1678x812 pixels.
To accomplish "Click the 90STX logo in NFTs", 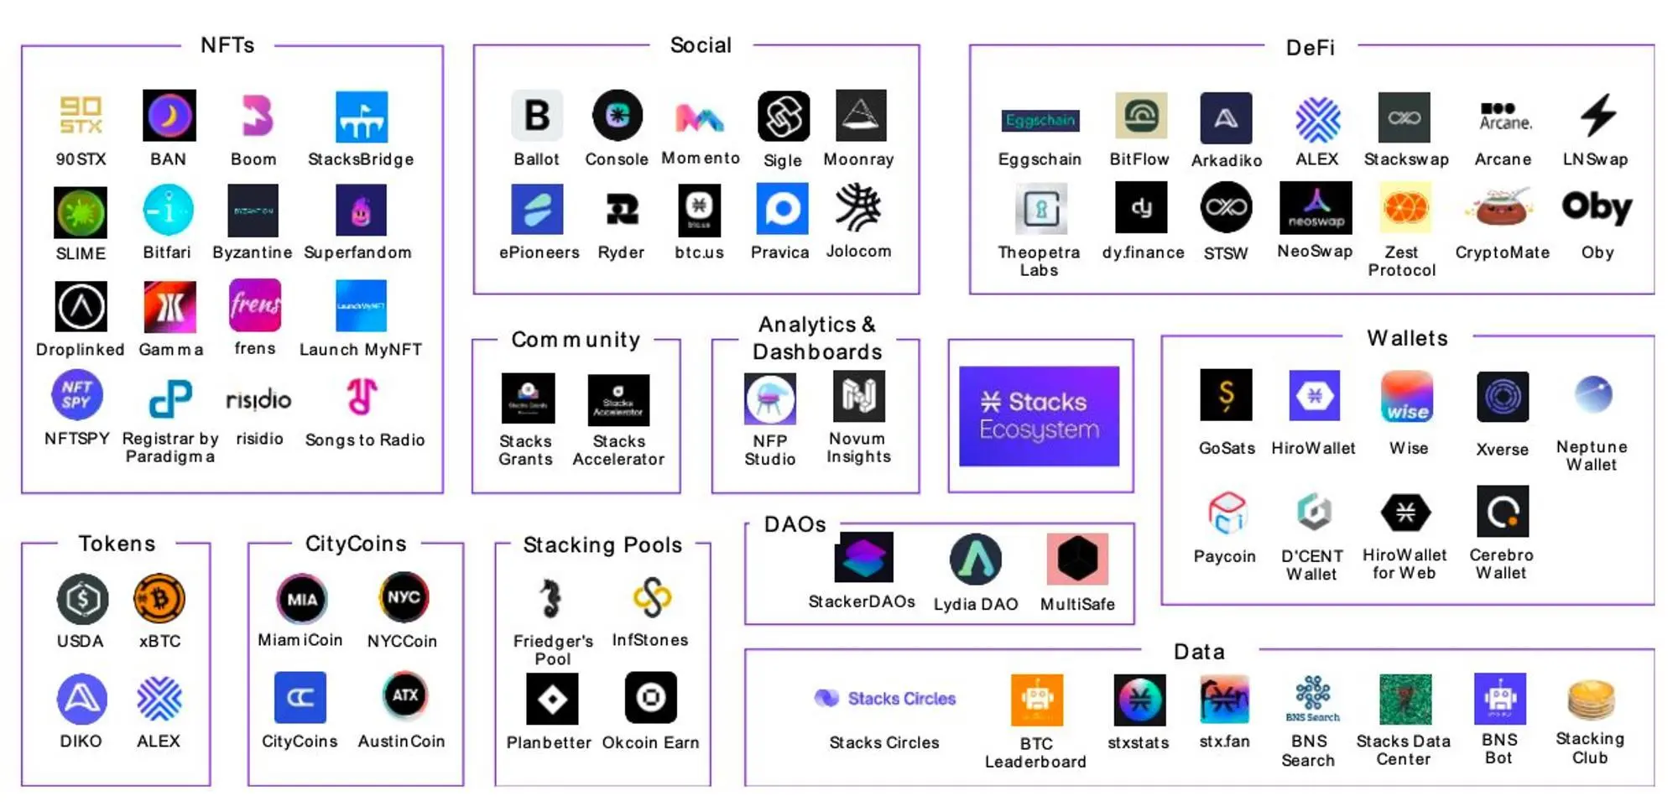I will point(81,115).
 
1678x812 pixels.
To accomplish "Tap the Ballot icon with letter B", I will point(537,116).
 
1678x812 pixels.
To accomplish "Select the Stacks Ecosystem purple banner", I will point(1039,416).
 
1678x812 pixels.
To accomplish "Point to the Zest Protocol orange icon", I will point(1405,208).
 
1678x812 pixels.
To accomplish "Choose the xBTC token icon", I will point(159,599).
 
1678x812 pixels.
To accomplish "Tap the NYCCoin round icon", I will point(404,597).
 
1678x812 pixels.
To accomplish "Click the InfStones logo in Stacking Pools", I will point(652,598).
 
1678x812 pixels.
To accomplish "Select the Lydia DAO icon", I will point(975,560).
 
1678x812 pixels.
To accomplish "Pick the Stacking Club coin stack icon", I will point(1590,700).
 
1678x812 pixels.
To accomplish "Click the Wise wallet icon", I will point(1407,396).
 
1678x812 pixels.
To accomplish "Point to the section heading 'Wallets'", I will point(1407,338).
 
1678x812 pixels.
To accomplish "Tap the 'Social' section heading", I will point(701,45).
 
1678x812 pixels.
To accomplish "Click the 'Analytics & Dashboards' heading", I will point(817,338).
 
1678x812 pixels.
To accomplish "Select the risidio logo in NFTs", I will point(258,399).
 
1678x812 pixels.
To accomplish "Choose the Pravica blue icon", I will point(782,209).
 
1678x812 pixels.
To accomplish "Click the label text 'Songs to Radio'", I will point(365,440).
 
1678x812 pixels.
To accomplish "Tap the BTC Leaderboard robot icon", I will point(1037,700).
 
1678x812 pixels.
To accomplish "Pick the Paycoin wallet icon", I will point(1227,513).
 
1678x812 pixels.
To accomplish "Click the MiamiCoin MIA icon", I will point(302,599).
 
